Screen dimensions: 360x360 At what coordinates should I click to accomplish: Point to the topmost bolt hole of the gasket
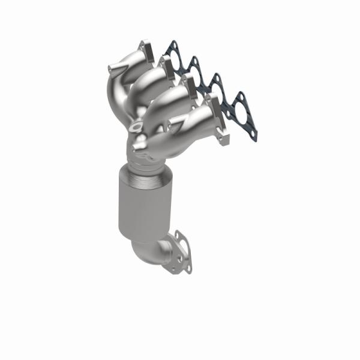click(x=172, y=44)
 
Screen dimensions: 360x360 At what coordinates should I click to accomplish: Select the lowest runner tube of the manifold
click(x=192, y=129)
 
